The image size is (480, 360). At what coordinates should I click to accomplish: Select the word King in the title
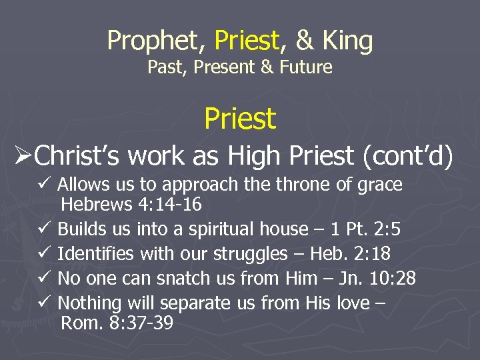tap(347, 41)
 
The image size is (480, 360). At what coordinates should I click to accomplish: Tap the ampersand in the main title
tap(304, 41)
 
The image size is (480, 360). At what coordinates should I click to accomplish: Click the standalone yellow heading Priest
tap(240, 119)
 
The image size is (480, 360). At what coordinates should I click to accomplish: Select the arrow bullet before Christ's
tap(23, 155)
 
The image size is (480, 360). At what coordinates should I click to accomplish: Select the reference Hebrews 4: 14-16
tap(131, 204)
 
